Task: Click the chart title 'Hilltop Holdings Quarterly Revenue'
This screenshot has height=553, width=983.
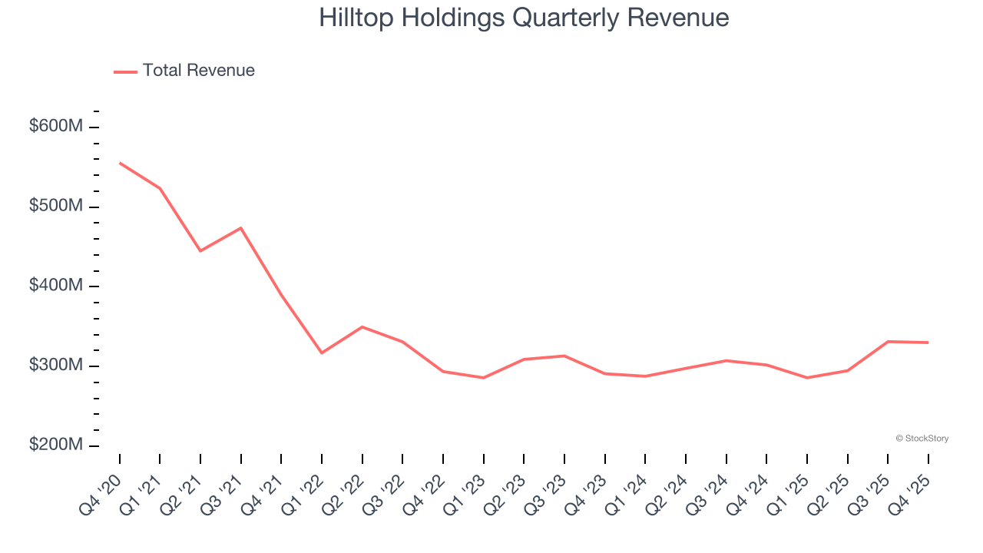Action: point(524,18)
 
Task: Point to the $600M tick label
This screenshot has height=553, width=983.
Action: point(55,126)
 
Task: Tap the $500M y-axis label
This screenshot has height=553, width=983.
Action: point(55,206)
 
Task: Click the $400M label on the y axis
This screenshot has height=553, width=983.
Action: point(55,286)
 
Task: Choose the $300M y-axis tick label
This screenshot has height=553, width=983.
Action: point(55,365)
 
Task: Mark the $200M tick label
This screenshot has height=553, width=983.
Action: point(55,445)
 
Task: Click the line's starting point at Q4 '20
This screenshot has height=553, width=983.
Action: point(120,163)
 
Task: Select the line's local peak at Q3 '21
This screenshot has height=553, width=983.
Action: point(241,228)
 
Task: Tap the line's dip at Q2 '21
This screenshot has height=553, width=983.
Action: point(200,251)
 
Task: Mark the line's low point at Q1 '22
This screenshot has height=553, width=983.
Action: point(322,353)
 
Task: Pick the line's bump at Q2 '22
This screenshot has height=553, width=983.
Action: point(362,327)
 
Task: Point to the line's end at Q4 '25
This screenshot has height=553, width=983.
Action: point(928,343)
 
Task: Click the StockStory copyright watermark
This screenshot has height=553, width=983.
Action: point(922,439)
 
